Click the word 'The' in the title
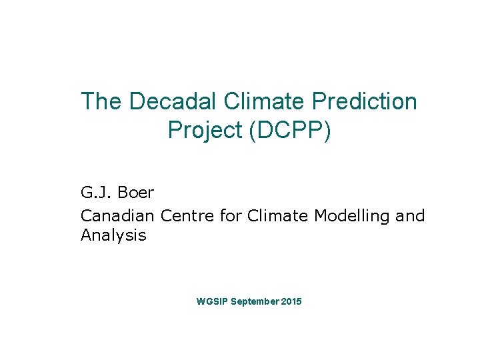(101, 101)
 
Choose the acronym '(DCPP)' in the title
(289, 131)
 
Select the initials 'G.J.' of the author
(95, 193)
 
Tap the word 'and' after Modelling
(410, 215)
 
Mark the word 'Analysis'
(113, 235)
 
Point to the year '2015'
(291, 302)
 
